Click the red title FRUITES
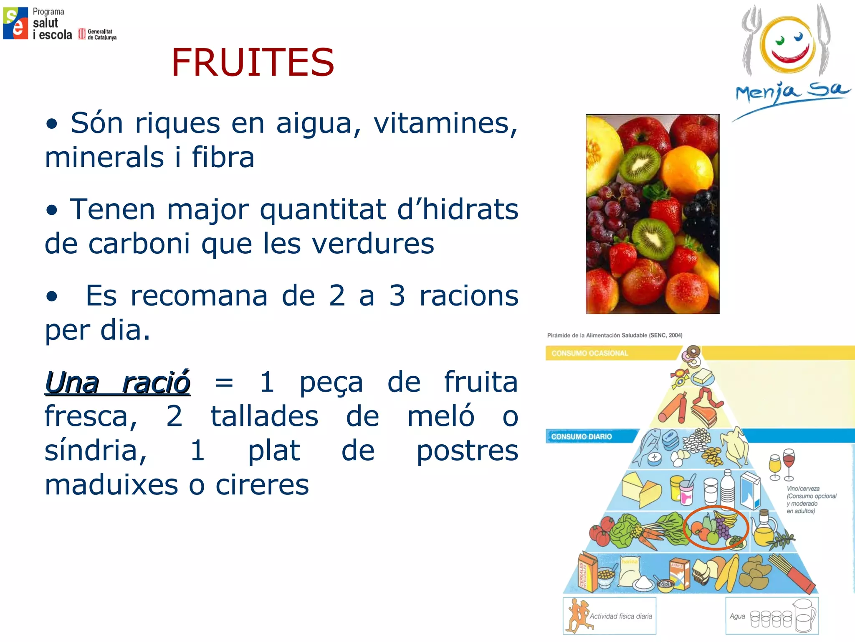click(253, 63)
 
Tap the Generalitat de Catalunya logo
click(97, 34)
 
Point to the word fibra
click(223, 158)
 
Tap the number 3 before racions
click(397, 296)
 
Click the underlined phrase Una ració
click(118, 382)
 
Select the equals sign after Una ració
click(224, 382)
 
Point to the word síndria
click(96, 451)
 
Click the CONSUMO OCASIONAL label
click(589, 353)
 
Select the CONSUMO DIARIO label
click(581, 436)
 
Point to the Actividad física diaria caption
click(620, 616)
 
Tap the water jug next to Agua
click(804, 617)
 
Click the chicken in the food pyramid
click(736, 447)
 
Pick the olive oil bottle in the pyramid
click(764, 529)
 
